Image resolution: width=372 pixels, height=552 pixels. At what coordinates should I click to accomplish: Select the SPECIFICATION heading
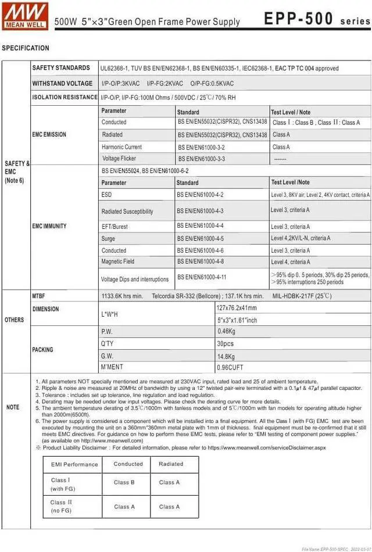26,48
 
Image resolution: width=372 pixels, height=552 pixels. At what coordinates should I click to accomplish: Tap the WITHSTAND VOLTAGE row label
62,83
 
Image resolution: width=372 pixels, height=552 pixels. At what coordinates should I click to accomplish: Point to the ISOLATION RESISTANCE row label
65,97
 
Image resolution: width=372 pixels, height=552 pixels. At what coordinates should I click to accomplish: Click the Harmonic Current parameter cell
121,147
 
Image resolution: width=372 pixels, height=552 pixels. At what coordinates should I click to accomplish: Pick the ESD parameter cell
106,195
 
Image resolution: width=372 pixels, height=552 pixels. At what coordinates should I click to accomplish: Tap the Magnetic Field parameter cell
117,261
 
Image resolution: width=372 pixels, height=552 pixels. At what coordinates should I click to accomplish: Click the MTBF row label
38,296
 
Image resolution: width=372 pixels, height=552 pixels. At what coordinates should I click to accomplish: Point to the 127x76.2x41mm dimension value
236,308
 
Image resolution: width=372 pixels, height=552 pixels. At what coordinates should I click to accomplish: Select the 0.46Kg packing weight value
226,331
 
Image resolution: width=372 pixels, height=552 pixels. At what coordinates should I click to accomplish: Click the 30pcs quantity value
226,343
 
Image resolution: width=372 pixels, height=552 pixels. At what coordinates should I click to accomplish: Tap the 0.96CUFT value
230,367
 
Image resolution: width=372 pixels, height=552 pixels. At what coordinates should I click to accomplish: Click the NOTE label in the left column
13,407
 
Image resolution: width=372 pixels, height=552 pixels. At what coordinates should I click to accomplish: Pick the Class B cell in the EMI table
124,482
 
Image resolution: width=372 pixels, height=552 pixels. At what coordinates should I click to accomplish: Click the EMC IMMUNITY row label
49,226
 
